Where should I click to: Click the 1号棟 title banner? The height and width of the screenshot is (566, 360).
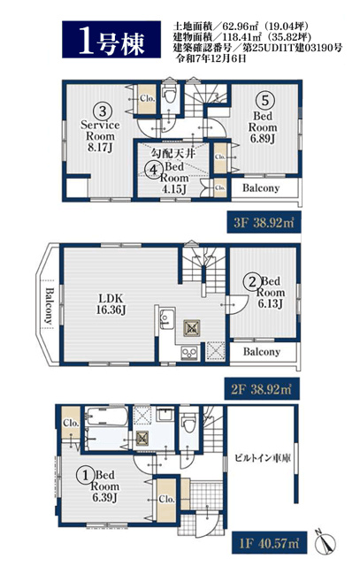[x=111, y=40]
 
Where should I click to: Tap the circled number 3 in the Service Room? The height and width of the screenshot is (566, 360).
[x=103, y=111]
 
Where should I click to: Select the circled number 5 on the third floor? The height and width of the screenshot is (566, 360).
[x=265, y=100]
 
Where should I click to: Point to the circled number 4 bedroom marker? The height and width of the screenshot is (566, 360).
[x=154, y=169]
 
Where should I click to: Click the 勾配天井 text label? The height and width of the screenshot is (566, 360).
[x=173, y=153]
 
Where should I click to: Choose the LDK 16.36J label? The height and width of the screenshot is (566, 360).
[x=111, y=303]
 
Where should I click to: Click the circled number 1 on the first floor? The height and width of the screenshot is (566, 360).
[x=86, y=476]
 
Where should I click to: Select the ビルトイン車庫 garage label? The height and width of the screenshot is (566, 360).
[x=263, y=458]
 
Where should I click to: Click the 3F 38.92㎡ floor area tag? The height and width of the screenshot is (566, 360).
[x=264, y=222]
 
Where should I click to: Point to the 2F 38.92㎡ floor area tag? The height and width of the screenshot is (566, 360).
[x=262, y=389]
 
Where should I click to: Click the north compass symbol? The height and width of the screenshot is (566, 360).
[x=326, y=543]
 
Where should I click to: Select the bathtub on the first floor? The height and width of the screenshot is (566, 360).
[x=106, y=417]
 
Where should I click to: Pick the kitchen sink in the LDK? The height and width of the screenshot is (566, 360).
[x=167, y=318]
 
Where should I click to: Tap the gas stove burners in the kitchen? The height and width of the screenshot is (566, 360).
[x=189, y=352]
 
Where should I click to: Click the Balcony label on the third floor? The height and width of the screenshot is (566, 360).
[x=261, y=188]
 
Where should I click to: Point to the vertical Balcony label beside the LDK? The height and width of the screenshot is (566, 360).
[x=49, y=306]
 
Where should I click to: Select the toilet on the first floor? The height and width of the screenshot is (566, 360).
[x=189, y=424]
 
